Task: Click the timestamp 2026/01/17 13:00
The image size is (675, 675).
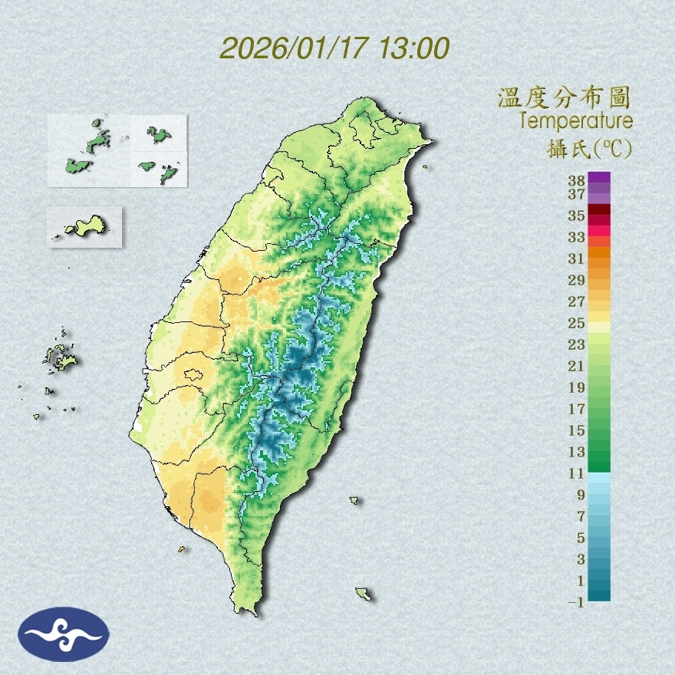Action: click(334, 48)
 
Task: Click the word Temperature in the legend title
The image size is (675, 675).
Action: click(575, 120)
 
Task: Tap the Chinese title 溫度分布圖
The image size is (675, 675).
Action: click(564, 97)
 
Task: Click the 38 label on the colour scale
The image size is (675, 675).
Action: click(577, 181)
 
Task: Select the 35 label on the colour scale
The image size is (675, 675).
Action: click(577, 216)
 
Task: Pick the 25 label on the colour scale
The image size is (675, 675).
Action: click(577, 322)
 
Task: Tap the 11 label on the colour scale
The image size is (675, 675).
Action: click(577, 473)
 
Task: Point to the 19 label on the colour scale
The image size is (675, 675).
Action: click(577, 387)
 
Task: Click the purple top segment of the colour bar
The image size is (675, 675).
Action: click(599, 177)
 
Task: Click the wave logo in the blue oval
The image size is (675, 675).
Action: click(64, 634)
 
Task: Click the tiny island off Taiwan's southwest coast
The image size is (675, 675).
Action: click(182, 548)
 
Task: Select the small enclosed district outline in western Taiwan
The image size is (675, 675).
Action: click(192, 375)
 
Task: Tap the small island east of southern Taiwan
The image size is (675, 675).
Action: click(354, 501)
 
